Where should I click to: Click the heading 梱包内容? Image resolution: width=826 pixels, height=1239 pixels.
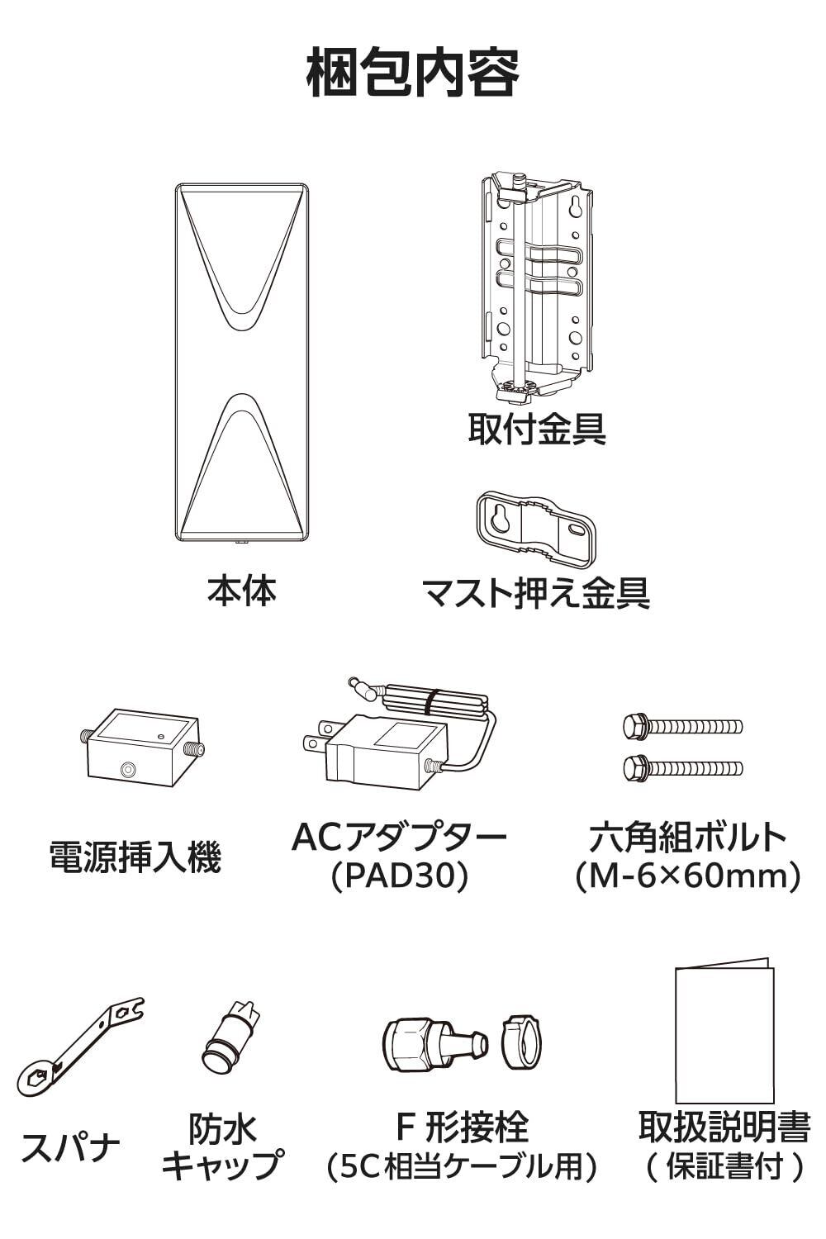tap(413, 73)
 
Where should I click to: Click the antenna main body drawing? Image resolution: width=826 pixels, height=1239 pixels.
tap(242, 363)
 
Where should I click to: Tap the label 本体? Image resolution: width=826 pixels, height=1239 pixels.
tap(242, 591)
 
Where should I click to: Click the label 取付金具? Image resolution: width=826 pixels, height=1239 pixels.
tap(537, 428)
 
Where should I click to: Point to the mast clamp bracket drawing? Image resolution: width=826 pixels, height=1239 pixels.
tap(534, 529)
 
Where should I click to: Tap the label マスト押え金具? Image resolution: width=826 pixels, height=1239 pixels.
tap(535, 594)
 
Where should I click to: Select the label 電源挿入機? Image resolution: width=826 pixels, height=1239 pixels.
tap(135, 857)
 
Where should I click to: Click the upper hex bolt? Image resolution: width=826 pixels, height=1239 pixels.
tap(683, 725)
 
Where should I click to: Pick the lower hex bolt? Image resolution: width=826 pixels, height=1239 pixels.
tap(683, 767)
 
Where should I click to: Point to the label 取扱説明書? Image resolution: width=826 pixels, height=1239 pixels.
tap(724, 1126)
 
